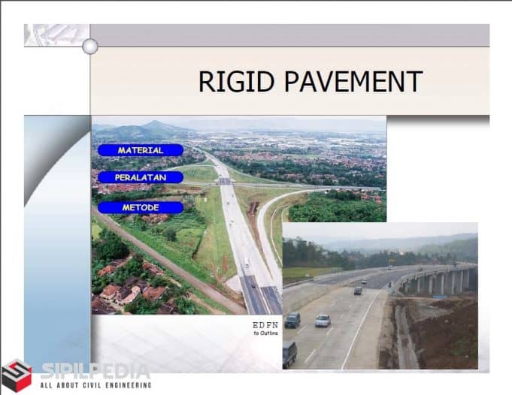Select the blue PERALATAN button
pyautogui.click(x=140, y=177)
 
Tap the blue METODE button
pyautogui.click(x=140, y=207)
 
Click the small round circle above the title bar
pyautogui.click(x=90, y=47)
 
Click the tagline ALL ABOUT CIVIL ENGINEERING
pyautogui.click(x=95, y=385)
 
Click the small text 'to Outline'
pyautogui.click(x=264, y=334)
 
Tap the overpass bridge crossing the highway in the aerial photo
pyautogui.click(x=224, y=181)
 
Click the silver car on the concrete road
pyautogui.click(x=323, y=321)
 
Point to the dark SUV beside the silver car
pyautogui.click(x=292, y=320)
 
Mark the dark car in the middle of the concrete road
pyautogui.click(x=358, y=290)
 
